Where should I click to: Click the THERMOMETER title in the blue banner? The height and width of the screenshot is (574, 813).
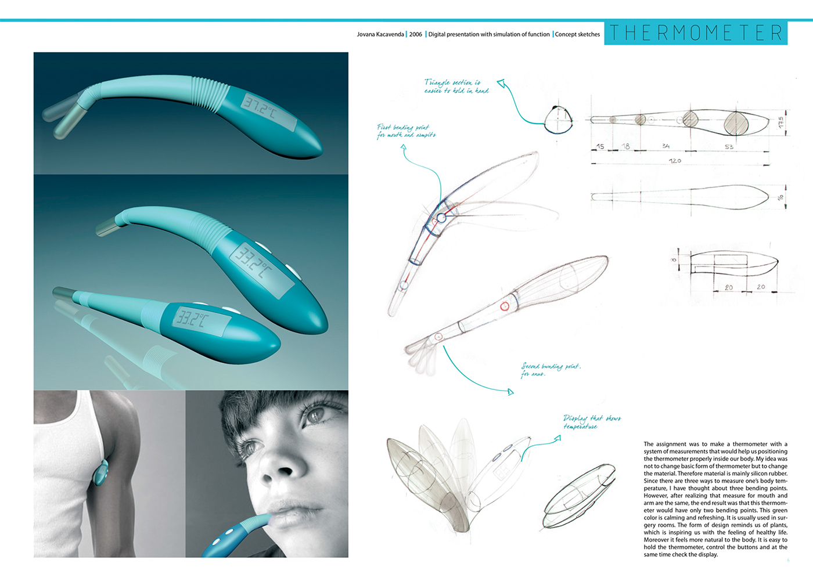[x=696, y=33]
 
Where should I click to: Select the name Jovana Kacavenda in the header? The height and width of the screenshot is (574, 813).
[x=380, y=34]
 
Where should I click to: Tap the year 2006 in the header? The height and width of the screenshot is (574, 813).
[x=416, y=34]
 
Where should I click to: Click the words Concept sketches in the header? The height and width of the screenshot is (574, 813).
[x=577, y=34]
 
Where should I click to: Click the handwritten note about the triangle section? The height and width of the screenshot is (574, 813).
[x=456, y=86]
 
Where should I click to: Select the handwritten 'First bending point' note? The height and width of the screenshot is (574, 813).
[x=406, y=131]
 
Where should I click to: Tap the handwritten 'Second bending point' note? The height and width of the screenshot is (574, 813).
[x=550, y=370]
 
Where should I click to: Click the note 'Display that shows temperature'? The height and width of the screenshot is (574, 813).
[x=591, y=422]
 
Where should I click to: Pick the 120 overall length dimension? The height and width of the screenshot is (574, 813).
[x=675, y=161]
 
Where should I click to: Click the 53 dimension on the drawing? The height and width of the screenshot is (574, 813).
[x=729, y=147]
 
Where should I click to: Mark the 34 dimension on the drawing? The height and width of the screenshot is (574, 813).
[x=665, y=146]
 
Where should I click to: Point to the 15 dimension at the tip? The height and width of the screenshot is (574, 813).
[x=600, y=147]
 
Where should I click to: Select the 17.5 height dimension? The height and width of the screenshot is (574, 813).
[x=781, y=122]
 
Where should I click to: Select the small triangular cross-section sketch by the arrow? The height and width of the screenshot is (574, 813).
[x=558, y=120]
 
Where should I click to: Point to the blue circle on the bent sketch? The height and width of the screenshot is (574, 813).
[x=441, y=218]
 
